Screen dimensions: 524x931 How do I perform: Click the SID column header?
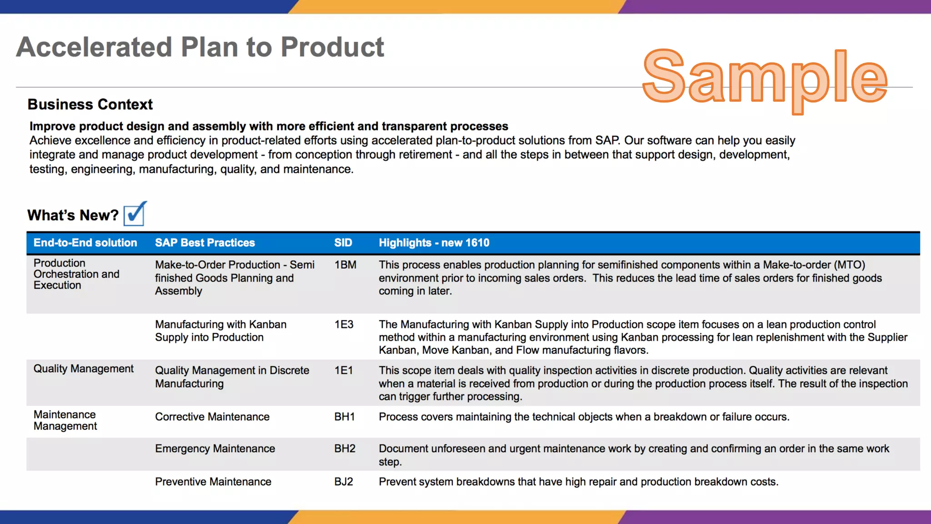pyautogui.click(x=343, y=243)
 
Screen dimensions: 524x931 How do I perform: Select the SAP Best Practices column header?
pyautogui.click(x=205, y=243)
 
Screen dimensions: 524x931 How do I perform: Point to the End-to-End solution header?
pyautogui.click(x=85, y=243)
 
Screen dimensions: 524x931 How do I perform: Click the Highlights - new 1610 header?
pyautogui.click(x=434, y=243)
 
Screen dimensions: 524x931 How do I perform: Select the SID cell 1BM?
pyautogui.click(x=345, y=265)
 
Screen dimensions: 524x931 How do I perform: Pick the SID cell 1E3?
pyautogui.click(x=344, y=324)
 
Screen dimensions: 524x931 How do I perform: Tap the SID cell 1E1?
pyautogui.click(x=344, y=370)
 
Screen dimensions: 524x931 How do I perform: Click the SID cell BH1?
pyautogui.click(x=345, y=417)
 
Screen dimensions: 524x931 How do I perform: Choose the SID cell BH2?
pyautogui.click(x=345, y=448)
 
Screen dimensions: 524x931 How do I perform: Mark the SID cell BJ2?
pyautogui.click(x=344, y=482)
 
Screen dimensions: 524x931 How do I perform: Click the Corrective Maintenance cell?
pyautogui.click(x=212, y=417)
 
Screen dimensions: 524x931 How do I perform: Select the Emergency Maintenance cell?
pyautogui.click(x=215, y=448)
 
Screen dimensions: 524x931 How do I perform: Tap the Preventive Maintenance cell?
pyautogui.click(x=213, y=482)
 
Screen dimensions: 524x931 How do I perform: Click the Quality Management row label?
pyautogui.click(x=84, y=369)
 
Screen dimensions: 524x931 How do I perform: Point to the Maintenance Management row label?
pyautogui.click(x=65, y=420)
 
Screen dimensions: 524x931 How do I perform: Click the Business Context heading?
pyautogui.click(x=90, y=104)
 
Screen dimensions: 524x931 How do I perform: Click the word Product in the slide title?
pyautogui.click(x=332, y=47)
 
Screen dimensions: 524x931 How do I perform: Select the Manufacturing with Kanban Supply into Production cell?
pyautogui.click(x=221, y=331)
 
